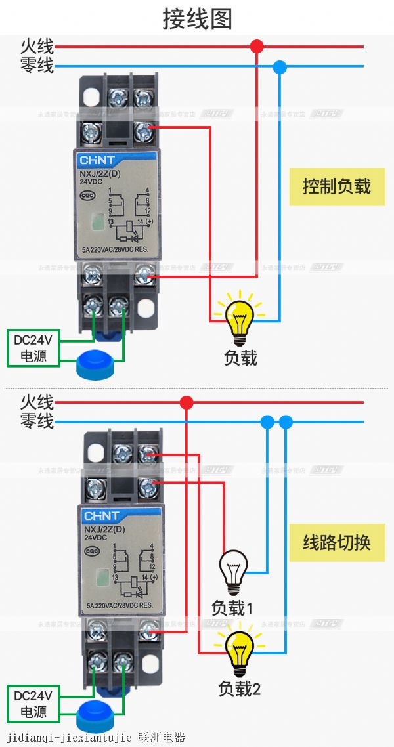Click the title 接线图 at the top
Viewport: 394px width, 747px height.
197,18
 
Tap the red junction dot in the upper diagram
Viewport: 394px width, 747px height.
257,46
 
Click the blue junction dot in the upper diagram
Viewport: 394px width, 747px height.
280,66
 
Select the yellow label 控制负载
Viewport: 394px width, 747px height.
337,186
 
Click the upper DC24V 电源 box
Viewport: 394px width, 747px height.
33,348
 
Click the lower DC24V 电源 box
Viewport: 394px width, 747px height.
33,703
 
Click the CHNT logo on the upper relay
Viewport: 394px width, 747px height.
97,160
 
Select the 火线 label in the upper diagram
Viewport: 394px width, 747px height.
37,46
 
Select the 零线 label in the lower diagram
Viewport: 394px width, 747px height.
37,421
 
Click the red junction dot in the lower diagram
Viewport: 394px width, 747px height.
187,402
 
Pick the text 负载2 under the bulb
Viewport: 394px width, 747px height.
239,689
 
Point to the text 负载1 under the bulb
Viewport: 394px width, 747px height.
232,608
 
